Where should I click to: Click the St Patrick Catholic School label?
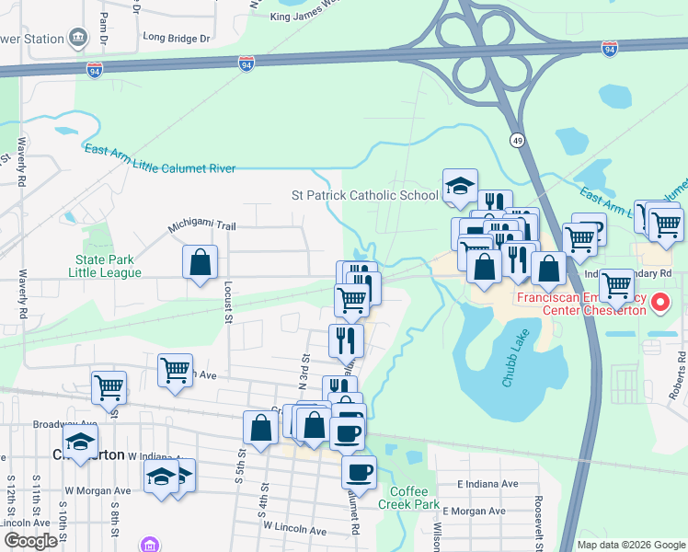click(365, 195)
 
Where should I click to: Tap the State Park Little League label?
click(109, 267)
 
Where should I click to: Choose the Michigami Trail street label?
click(201, 226)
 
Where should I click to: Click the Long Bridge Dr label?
click(177, 40)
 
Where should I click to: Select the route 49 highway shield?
click(519, 139)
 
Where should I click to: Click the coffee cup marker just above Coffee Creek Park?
click(359, 472)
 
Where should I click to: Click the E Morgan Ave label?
click(474, 511)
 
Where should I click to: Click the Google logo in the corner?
click(30, 541)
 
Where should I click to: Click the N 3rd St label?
click(303, 347)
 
